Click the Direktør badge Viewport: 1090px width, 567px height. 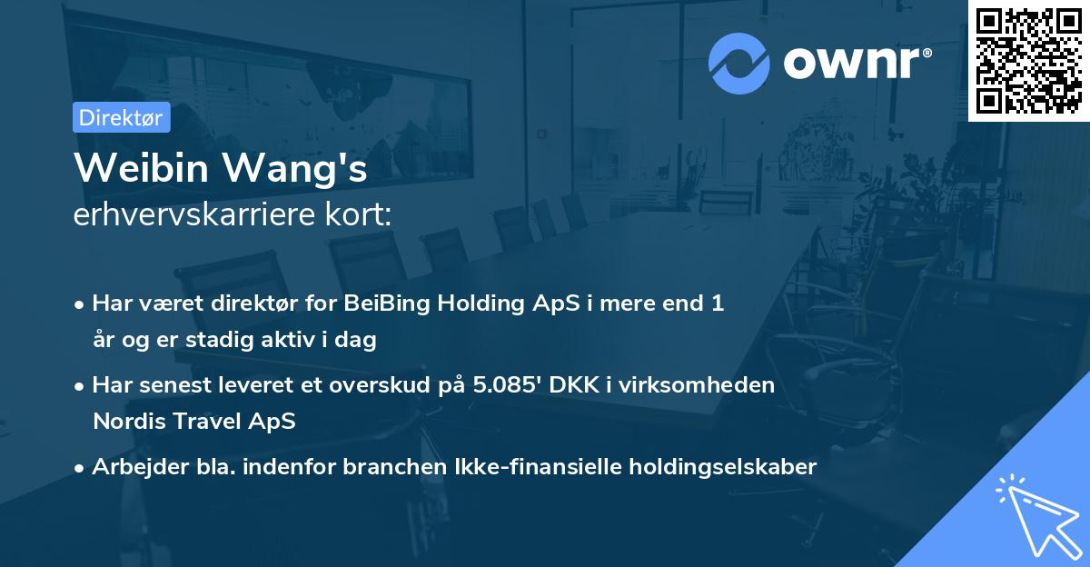coord(120,117)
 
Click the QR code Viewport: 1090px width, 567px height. coord(1028,61)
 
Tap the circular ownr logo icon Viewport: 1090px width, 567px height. coord(739,63)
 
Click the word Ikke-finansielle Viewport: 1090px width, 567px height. coord(540,466)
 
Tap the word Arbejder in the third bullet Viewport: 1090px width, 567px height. coord(134,466)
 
